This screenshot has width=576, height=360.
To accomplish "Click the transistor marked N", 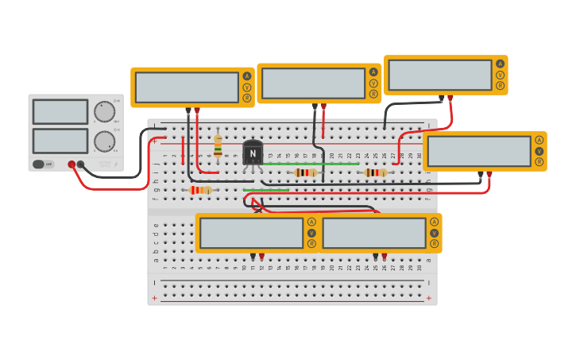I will [x=253, y=153].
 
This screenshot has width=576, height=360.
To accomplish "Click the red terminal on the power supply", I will [x=72, y=165].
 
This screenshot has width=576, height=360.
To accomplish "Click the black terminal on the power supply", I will [x=80, y=165].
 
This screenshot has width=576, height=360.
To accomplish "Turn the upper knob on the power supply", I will [x=104, y=111].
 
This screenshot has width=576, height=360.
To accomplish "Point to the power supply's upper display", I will [x=60, y=112].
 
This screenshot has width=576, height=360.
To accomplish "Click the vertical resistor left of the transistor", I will [x=218, y=146].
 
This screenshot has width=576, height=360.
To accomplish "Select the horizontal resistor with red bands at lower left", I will [x=200, y=190].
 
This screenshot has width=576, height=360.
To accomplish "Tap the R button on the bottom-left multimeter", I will [x=311, y=244].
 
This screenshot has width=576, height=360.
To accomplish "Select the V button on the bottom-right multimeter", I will [x=434, y=233].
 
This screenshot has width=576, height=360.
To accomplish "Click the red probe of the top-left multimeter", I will [x=197, y=110].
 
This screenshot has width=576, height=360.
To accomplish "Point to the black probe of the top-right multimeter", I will [x=441, y=99].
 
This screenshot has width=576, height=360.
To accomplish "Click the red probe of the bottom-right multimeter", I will [x=385, y=256].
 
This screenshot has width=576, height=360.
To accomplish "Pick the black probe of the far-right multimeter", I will [x=480, y=174].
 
